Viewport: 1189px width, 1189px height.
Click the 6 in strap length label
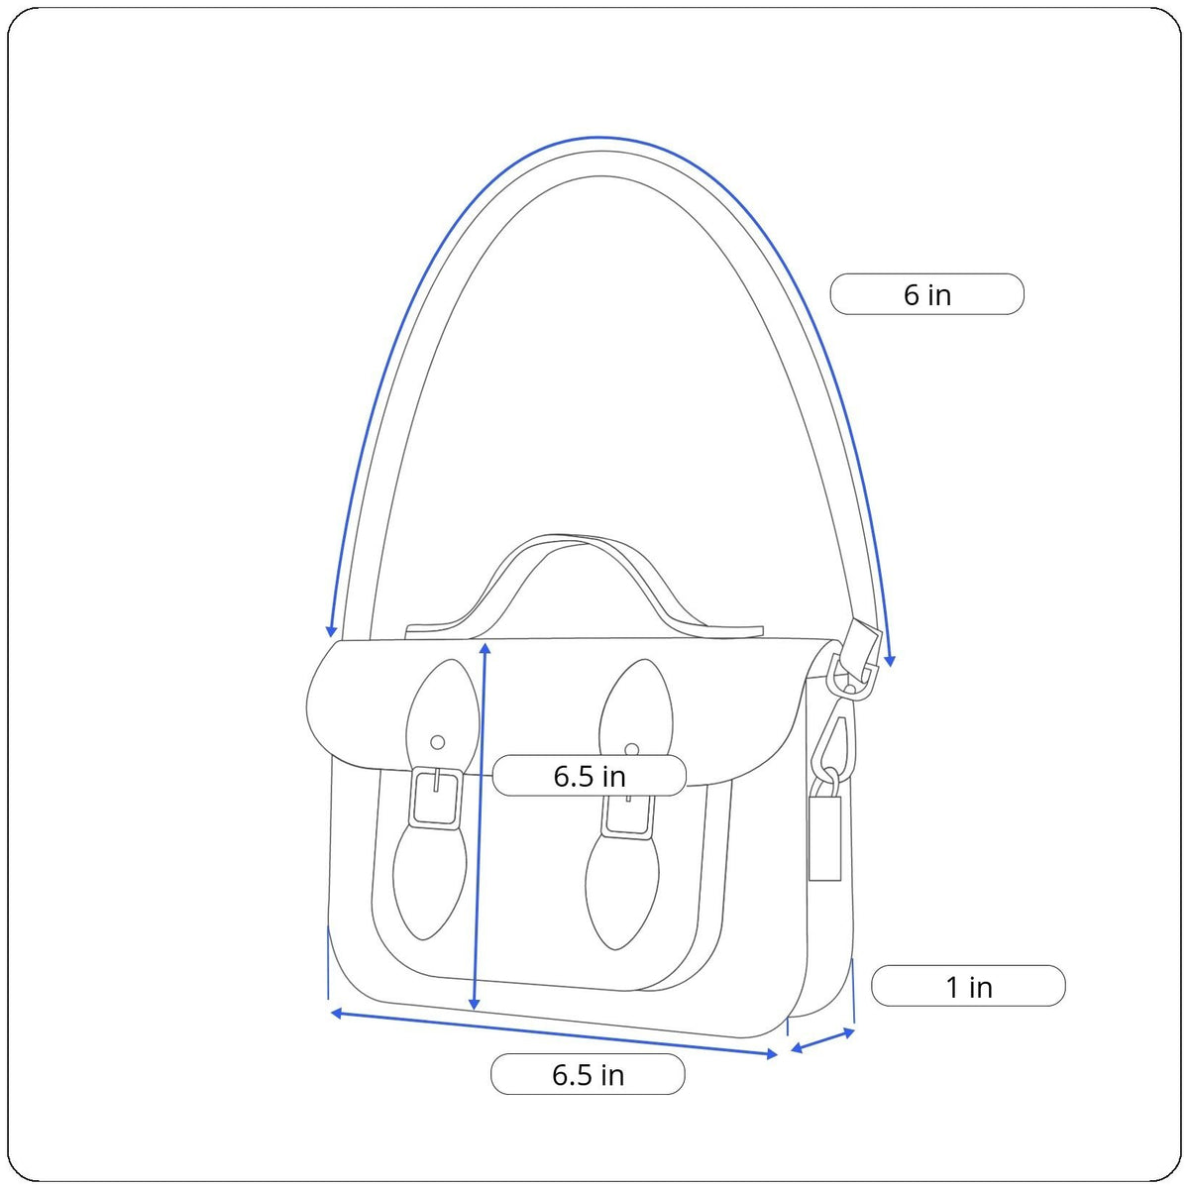pyautogui.click(x=926, y=294)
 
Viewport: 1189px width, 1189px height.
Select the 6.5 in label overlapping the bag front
pyautogui.click(x=590, y=776)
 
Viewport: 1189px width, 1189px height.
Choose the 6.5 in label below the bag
pyautogui.click(x=588, y=1074)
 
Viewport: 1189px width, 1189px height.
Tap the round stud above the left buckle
pyautogui.click(x=438, y=742)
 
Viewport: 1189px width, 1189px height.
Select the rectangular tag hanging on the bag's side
pyautogui.click(x=825, y=837)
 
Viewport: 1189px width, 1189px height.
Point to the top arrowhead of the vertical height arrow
pyautogui.click(x=485, y=648)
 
